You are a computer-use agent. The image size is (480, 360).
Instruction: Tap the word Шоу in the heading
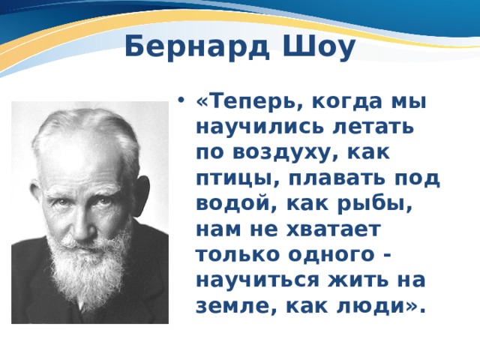click(x=318, y=46)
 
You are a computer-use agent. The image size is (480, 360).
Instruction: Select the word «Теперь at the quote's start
click(x=247, y=102)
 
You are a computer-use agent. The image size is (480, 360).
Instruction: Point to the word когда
click(x=347, y=103)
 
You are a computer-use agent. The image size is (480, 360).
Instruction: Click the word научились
click(x=259, y=127)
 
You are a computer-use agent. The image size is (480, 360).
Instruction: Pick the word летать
click(x=373, y=127)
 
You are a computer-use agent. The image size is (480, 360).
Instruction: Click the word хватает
click(x=333, y=229)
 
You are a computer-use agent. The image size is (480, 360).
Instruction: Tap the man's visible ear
click(x=143, y=196)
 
